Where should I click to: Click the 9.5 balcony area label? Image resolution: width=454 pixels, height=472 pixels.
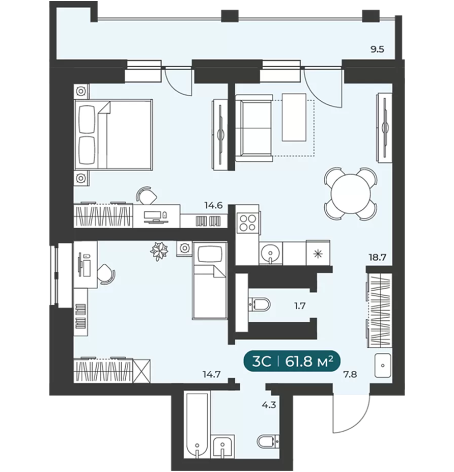pyautogui.click(x=377, y=49)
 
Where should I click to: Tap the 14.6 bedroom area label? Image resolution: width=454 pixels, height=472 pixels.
pyautogui.click(x=213, y=206)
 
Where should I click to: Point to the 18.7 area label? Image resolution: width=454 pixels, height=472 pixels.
pyautogui.click(x=377, y=257)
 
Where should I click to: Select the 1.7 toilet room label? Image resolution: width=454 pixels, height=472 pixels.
pyautogui.click(x=300, y=306)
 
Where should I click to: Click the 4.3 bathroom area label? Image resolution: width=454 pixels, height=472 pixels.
pyautogui.click(x=269, y=405)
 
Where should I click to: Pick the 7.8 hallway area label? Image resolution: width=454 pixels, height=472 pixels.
pyautogui.click(x=350, y=374)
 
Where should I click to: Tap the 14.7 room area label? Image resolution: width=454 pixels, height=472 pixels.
pyautogui.click(x=212, y=374)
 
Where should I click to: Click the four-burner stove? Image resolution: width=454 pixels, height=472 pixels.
pyautogui.click(x=247, y=223)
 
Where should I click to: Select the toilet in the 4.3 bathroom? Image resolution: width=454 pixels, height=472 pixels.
pyautogui.click(x=268, y=442)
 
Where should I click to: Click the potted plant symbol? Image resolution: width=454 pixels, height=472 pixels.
pyautogui.click(x=159, y=251)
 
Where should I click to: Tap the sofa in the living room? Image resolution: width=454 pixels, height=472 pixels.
pyautogui.click(x=253, y=128)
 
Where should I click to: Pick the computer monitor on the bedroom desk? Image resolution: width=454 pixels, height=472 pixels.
pyautogui.click(x=153, y=215)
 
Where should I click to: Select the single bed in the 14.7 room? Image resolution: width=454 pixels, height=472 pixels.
pyautogui.click(x=209, y=280)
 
